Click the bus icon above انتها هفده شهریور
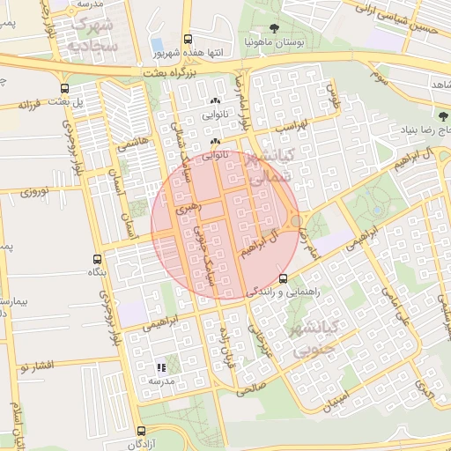(188, 40)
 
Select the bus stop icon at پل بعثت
(64, 88)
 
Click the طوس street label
(333, 91)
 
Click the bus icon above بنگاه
(98, 259)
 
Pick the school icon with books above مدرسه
(160, 366)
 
